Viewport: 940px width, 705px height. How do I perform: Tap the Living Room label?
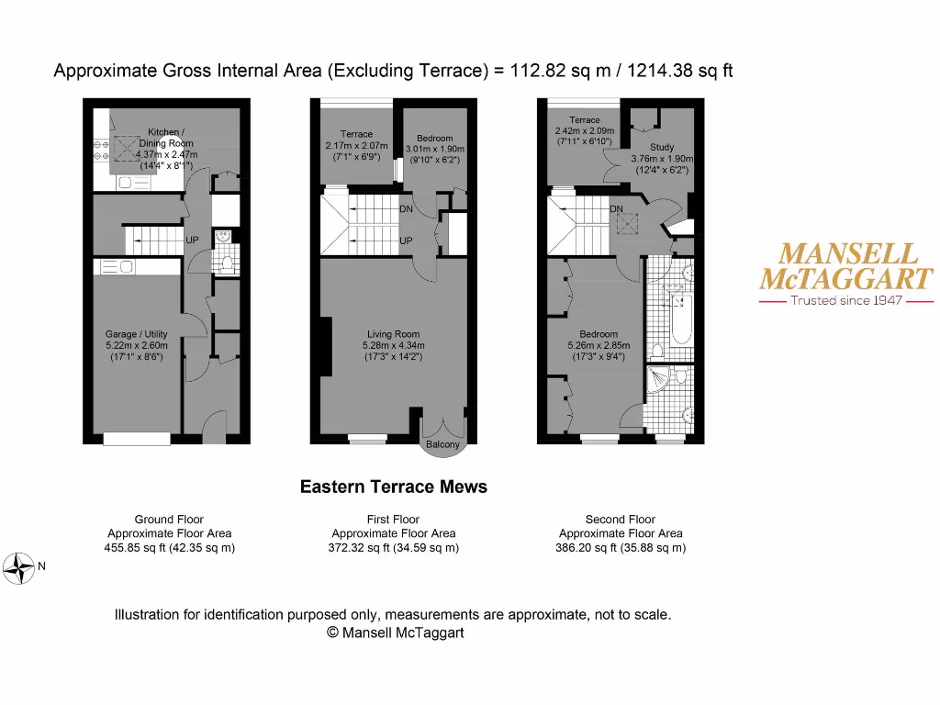tap(393, 334)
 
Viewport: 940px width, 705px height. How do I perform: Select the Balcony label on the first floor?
tap(442, 445)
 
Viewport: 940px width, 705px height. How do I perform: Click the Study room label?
tap(661, 147)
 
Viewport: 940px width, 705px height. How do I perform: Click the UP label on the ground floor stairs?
tap(193, 241)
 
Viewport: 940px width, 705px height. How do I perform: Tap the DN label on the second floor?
tap(617, 209)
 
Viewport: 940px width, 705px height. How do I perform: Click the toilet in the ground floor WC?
tap(227, 263)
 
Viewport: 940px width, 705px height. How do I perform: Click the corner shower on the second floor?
tap(662, 381)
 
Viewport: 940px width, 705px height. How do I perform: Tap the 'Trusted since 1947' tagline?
tap(846, 300)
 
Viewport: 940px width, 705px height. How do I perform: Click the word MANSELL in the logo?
tap(846, 254)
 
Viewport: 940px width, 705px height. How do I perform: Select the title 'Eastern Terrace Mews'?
tap(394, 487)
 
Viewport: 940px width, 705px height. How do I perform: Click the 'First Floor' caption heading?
tap(394, 520)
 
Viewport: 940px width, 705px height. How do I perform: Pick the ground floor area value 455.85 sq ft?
tap(138, 548)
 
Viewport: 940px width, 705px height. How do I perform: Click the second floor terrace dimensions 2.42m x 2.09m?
tap(584, 131)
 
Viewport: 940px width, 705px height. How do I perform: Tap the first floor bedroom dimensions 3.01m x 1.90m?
tap(434, 150)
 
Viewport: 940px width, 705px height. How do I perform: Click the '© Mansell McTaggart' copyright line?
tap(396, 632)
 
